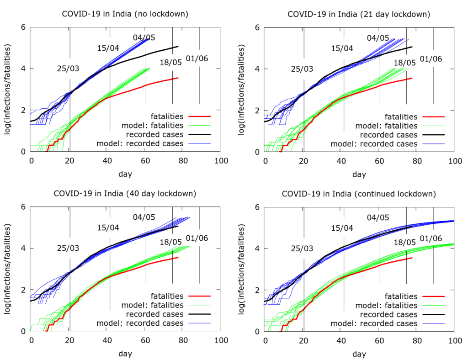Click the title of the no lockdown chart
tap(125, 14)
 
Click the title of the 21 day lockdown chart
tap(359, 14)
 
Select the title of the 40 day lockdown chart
tap(125, 193)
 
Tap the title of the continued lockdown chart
tap(359, 193)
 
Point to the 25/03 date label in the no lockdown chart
tap(68, 69)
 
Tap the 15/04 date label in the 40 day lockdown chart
tap(108, 228)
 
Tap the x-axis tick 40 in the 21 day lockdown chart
tap(341, 161)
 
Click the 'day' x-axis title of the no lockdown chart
tap(125, 174)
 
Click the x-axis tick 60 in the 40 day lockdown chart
tap(145, 340)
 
